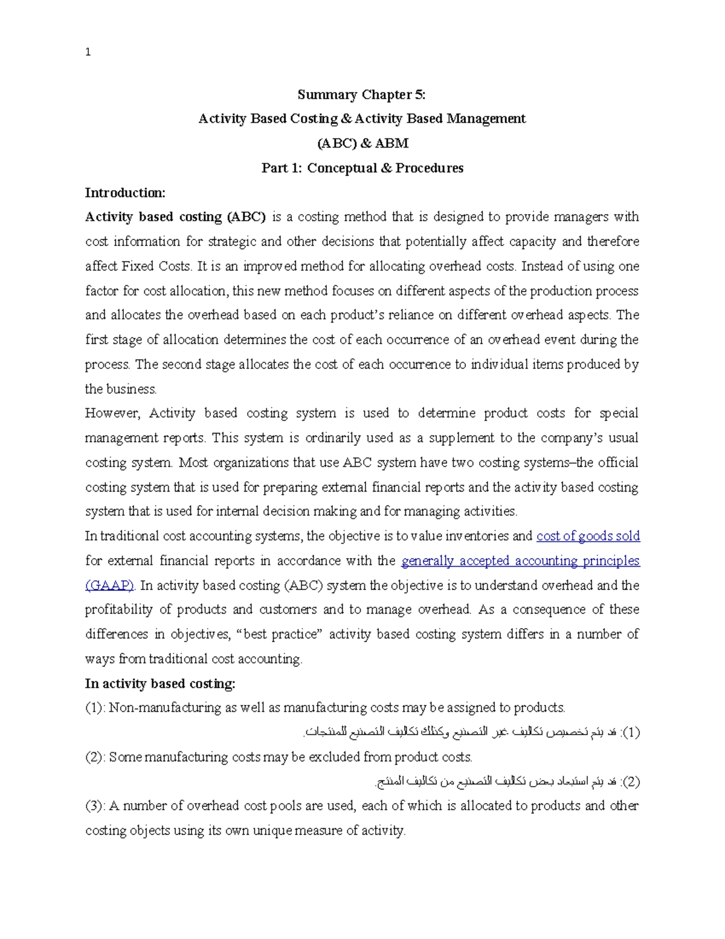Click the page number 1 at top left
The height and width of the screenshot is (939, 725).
pyautogui.click(x=88, y=53)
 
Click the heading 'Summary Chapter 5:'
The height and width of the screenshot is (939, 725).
pyautogui.click(x=361, y=94)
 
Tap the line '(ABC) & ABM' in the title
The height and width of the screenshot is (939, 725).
pyautogui.click(x=362, y=143)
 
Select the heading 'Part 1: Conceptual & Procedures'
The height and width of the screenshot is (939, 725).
pyautogui.click(x=362, y=168)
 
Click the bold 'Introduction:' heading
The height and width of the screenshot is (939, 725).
pyautogui.click(x=125, y=193)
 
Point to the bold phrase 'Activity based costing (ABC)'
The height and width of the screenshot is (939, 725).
pyautogui.click(x=175, y=217)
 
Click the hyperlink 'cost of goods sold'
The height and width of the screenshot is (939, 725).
pyautogui.click(x=588, y=536)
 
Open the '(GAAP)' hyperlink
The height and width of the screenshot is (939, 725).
pyautogui.click(x=109, y=585)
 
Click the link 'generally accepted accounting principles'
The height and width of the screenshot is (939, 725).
pyautogui.click(x=520, y=561)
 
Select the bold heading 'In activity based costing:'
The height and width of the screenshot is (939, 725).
pyautogui.click(x=160, y=684)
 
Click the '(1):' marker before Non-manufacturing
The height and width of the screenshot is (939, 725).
pyautogui.click(x=95, y=708)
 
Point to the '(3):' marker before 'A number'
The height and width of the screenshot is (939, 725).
pyautogui.click(x=95, y=806)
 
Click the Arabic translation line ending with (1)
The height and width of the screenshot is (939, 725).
pyautogui.click(x=471, y=733)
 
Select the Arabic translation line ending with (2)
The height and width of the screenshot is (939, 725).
pyautogui.click(x=507, y=782)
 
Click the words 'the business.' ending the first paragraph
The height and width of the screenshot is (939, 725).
pyautogui.click(x=121, y=389)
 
